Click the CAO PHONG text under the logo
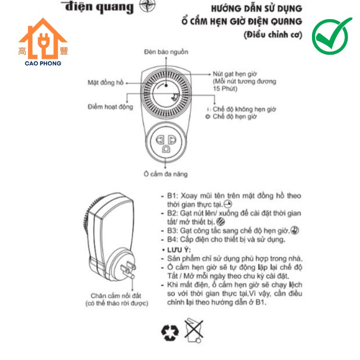click(x=43, y=63)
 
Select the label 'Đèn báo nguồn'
click(x=166, y=52)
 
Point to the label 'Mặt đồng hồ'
click(x=106, y=82)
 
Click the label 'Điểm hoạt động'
click(x=110, y=107)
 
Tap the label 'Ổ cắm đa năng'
click(x=166, y=174)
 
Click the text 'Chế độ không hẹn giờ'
click(x=244, y=109)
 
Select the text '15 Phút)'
click(x=225, y=89)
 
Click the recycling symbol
click(x=170, y=332)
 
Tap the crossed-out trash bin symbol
click(x=194, y=330)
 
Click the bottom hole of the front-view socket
click(x=166, y=149)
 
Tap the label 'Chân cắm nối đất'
click(x=116, y=296)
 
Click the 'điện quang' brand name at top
click(x=99, y=7)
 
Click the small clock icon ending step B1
click(x=228, y=204)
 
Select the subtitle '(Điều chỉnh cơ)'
click(x=273, y=35)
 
